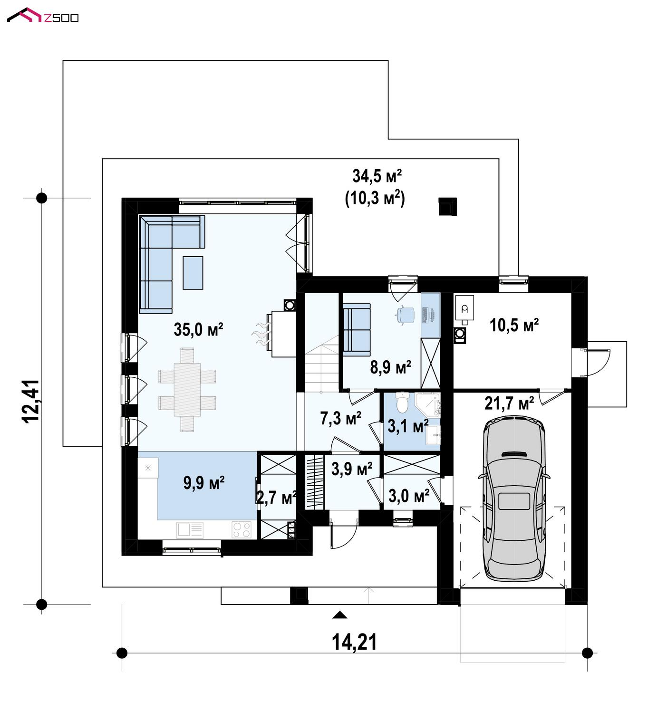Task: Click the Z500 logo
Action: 43,15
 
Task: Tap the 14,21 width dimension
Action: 354,642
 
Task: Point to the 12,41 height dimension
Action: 31,402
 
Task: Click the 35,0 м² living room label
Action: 199,329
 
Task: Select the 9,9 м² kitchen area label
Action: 204,483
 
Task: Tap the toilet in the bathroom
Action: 403,402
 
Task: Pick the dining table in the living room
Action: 187,389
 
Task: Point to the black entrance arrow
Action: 339,614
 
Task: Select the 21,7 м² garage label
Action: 509,403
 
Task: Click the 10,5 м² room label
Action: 514,325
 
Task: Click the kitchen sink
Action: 190,530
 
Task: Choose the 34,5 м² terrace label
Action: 377,176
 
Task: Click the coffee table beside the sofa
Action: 193,273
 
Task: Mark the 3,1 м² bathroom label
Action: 408,426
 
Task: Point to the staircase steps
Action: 321,364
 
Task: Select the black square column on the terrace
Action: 448,207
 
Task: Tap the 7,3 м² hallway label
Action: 340,418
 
